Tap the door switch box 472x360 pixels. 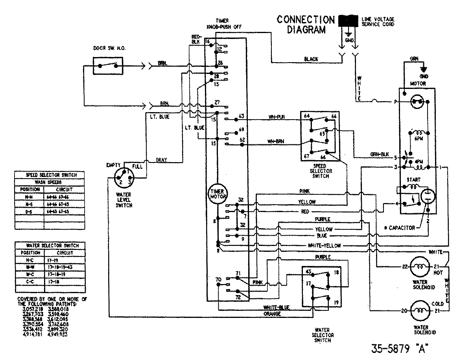click(108, 66)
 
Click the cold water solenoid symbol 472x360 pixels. click(420, 311)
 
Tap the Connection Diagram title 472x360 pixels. click(306, 24)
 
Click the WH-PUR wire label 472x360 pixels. click(277, 117)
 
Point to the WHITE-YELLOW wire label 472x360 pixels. click(324, 246)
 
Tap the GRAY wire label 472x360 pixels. click(161, 160)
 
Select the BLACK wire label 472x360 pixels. click(311, 59)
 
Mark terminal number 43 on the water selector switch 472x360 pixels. click(308, 272)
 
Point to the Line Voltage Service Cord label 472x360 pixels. click(378, 22)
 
